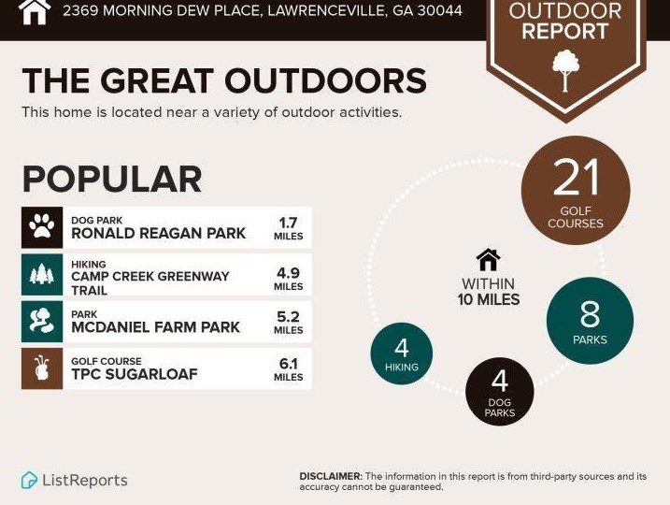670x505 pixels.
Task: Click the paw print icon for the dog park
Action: pos(42,227)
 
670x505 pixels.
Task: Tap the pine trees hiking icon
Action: pos(42,275)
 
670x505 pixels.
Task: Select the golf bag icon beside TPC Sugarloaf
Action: pos(42,368)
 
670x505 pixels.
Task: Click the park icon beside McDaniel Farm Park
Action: pos(42,322)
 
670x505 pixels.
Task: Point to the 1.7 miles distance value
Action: pos(289,229)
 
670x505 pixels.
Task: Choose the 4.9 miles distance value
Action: pos(289,279)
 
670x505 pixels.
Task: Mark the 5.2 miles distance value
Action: pos(289,323)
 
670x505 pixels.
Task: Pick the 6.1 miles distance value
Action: pos(289,369)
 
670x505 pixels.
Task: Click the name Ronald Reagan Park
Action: pos(158,234)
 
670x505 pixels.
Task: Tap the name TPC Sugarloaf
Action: pos(135,374)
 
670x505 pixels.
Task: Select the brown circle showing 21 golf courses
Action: pos(575,190)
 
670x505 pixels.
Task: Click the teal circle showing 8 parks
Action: pos(590,321)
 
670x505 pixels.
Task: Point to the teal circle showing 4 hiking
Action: pos(401,353)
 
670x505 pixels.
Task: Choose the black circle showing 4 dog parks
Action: pos(500,392)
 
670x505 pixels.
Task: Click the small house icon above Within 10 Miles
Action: pos(488,260)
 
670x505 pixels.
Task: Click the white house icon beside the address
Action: pos(35,11)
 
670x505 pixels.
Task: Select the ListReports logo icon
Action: pos(30,480)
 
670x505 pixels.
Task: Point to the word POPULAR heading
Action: pos(112,180)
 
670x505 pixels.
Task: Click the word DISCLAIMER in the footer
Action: pos(331,476)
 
